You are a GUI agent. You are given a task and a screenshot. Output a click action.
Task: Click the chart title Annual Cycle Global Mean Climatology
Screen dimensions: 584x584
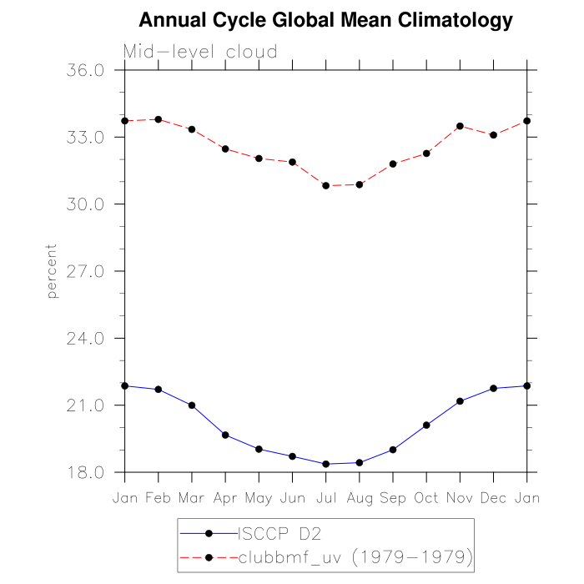click(x=325, y=19)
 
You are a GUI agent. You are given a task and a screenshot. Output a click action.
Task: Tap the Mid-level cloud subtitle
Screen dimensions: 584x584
click(x=200, y=52)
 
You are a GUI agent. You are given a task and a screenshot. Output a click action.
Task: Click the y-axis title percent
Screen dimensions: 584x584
click(x=52, y=271)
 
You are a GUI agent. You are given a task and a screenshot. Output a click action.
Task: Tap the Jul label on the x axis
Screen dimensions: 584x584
click(x=325, y=498)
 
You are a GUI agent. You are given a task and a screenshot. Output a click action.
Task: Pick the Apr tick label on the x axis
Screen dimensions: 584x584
click(x=225, y=498)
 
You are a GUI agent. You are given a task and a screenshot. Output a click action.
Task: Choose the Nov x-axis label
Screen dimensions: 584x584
click(x=460, y=498)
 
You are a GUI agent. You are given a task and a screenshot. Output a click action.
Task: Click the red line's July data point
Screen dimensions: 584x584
click(x=325, y=185)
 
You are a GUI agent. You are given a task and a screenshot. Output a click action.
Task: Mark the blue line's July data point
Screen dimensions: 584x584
click(x=325, y=464)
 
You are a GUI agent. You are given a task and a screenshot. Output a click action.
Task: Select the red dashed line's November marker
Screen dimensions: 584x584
click(x=460, y=126)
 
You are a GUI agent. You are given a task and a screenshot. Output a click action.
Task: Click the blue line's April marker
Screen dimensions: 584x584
click(x=225, y=435)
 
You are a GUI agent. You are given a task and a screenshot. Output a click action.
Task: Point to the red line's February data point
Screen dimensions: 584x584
click(x=159, y=119)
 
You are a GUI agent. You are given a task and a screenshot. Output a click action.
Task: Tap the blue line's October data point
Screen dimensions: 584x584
click(x=426, y=425)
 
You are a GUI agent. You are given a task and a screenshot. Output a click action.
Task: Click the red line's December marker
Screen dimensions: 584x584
click(x=493, y=135)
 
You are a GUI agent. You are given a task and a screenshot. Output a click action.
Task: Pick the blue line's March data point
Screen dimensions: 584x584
click(x=192, y=405)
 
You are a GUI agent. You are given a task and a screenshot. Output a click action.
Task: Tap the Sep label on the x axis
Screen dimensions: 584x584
click(x=393, y=498)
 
